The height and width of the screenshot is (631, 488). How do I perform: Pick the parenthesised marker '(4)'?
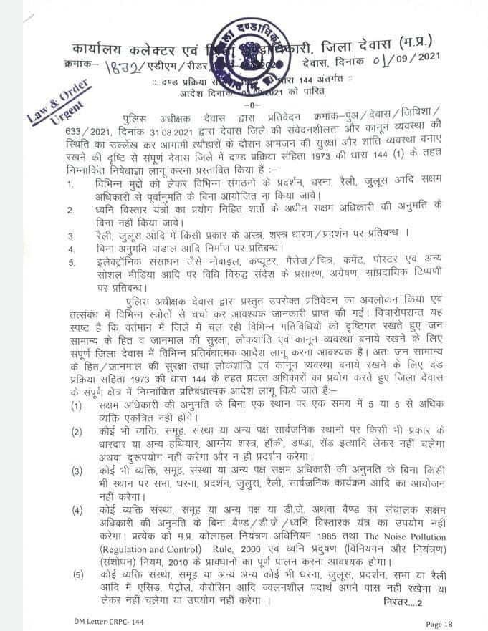(75, 511)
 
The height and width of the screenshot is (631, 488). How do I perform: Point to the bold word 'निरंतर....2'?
(407, 603)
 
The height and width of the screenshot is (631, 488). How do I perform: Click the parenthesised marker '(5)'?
(75, 574)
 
